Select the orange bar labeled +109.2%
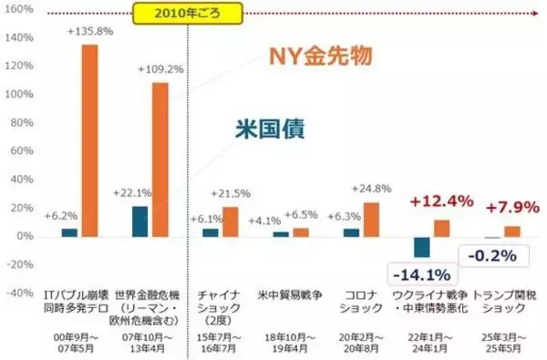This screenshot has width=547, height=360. pyautogui.click(x=160, y=159)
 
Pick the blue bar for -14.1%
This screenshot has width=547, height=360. pyautogui.click(x=420, y=247)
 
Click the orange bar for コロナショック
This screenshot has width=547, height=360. pyautogui.click(x=371, y=219)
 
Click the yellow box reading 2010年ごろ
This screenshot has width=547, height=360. pyautogui.click(x=188, y=14)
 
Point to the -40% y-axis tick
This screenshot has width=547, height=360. pyautogui.click(x=20, y=293)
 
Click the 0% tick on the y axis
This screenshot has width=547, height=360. pyautogui.click(x=26, y=237)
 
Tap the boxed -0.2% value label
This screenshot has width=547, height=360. pyautogui.click(x=492, y=257)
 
